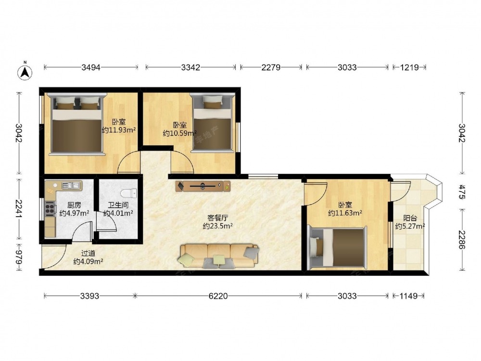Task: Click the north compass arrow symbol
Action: [x=25, y=73]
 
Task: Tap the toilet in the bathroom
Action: [x=128, y=193]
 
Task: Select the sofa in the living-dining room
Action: [x=218, y=256]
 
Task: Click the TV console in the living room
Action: [x=203, y=186]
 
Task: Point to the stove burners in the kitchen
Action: [x=50, y=209]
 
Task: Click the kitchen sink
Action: [x=71, y=185]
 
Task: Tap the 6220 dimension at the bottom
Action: [x=218, y=296]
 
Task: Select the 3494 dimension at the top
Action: [x=91, y=67]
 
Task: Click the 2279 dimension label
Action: [x=271, y=67]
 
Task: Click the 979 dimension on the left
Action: [x=19, y=257]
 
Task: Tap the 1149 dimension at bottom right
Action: [x=409, y=296]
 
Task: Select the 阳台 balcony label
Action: [x=410, y=218]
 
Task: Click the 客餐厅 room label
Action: [x=217, y=218]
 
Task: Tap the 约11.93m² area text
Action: [x=119, y=130]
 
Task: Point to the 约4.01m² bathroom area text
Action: [x=118, y=213]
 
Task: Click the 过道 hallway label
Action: [x=88, y=253]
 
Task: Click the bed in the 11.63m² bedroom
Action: [x=337, y=248]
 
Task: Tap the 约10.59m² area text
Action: [x=180, y=133]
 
